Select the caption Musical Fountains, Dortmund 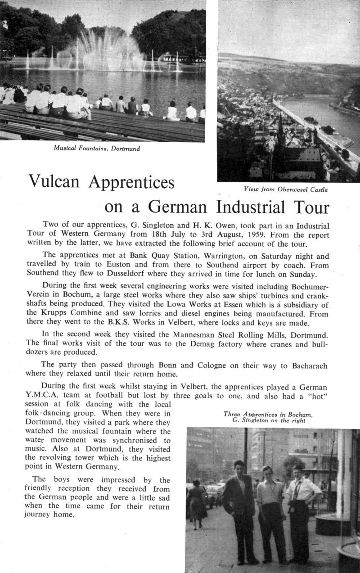[x=97, y=148]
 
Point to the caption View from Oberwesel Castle [x=286, y=189]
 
